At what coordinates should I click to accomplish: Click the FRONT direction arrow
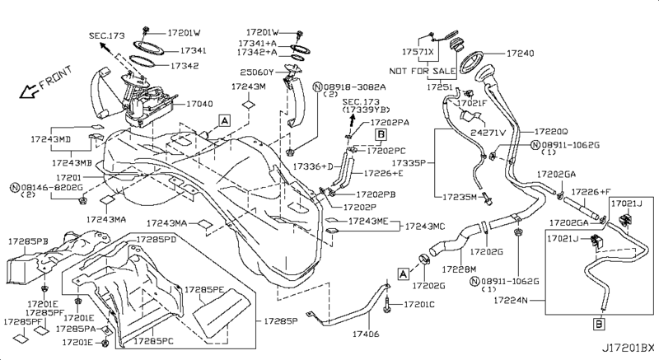pyautogui.click(x=29, y=91)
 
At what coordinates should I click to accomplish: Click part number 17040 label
pyautogui.click(x=199, y=104)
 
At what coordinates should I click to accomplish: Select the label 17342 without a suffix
pyautogui.click(x=185, y=66)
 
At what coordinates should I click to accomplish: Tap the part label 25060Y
pyautogui.click(x=257, y=72)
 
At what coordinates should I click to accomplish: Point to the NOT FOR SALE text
pyautogui.click(x=423, y=71)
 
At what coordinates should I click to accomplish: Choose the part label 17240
pyautogui.click(x=521, y=54)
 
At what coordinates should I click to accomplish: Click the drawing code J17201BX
pyautogui.click(x=629, y=348)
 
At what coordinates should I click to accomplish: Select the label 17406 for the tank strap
pyautogui.click(x=366, y=334)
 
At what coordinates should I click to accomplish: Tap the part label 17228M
pyautogui.click(x=459, y=269)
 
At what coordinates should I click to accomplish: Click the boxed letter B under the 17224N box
pyautogui.click(x=599, y=324)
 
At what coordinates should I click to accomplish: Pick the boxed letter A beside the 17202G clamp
pyautogui.click(x=403, y=274)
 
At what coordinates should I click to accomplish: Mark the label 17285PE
pyautogui.click(x=204, y=290)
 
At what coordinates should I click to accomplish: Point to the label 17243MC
pyautogui.click(x=424, y=227)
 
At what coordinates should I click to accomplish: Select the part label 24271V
pyautogui.click(x=488, y=133)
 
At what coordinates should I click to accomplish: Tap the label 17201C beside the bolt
pyautogui.click(x=419, y=304)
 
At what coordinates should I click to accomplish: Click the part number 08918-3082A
pyautogui.click(x=355, y=87)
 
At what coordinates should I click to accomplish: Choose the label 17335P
pyautogui.click(x=409, y=162)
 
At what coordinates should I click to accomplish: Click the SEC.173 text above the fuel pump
pyautogui.click(x=107, y=35)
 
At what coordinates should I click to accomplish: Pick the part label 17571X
pyautogui.click(x=418, y=52)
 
